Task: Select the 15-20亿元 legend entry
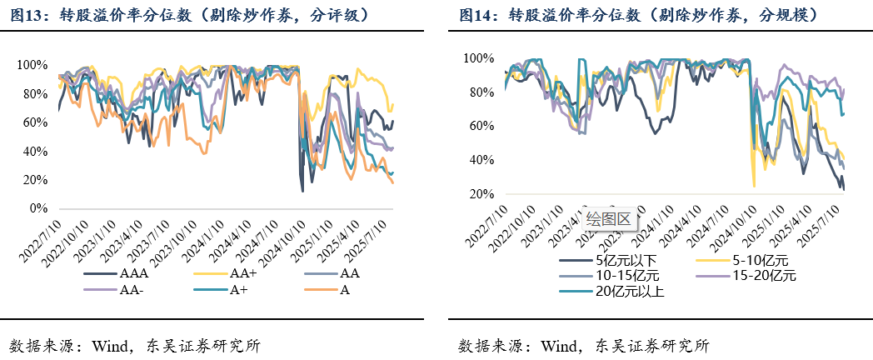tap(761, 276)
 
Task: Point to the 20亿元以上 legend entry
tap(630, 291)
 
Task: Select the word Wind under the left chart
tap(103, 345)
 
